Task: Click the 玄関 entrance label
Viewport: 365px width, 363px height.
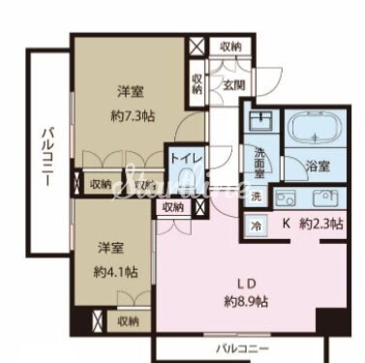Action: point(234,84)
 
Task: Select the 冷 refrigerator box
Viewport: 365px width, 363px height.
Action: point(257,227)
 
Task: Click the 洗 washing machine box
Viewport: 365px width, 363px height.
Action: point(257,197)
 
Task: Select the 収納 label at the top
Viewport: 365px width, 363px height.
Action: point(229,45)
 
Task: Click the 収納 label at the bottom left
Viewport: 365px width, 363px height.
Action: point(127,320)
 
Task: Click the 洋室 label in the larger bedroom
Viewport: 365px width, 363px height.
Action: point(132,93)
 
